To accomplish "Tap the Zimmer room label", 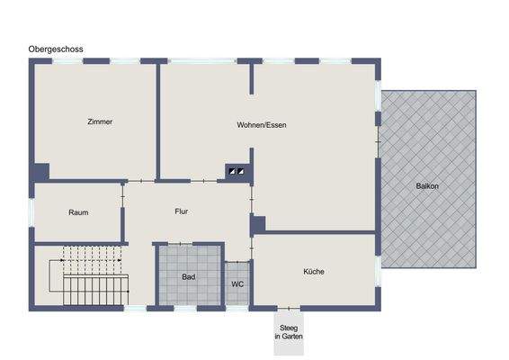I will click(100, 121).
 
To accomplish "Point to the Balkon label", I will click(427, 186).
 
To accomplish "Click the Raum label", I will click(77, 212).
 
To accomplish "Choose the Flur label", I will click(181, 211).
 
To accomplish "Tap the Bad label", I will click(189, 276).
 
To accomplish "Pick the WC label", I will click(237, 283).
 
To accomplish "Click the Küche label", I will click(314, 271).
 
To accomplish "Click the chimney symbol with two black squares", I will click(236, 170).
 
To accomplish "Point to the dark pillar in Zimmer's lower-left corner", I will click(40, 171).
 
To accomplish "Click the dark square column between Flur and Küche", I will click(258, 225).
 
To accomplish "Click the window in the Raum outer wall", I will click(31, 212).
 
